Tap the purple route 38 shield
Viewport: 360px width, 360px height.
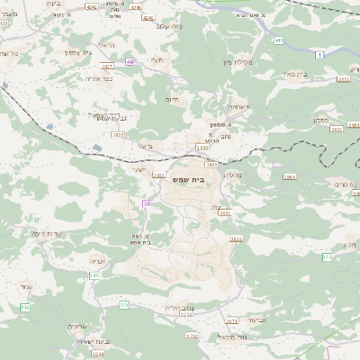pos(146,204)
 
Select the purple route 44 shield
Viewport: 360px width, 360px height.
pos(130,61)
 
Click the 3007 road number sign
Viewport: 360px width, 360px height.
pos(107,66)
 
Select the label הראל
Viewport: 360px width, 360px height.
pos(106,46)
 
